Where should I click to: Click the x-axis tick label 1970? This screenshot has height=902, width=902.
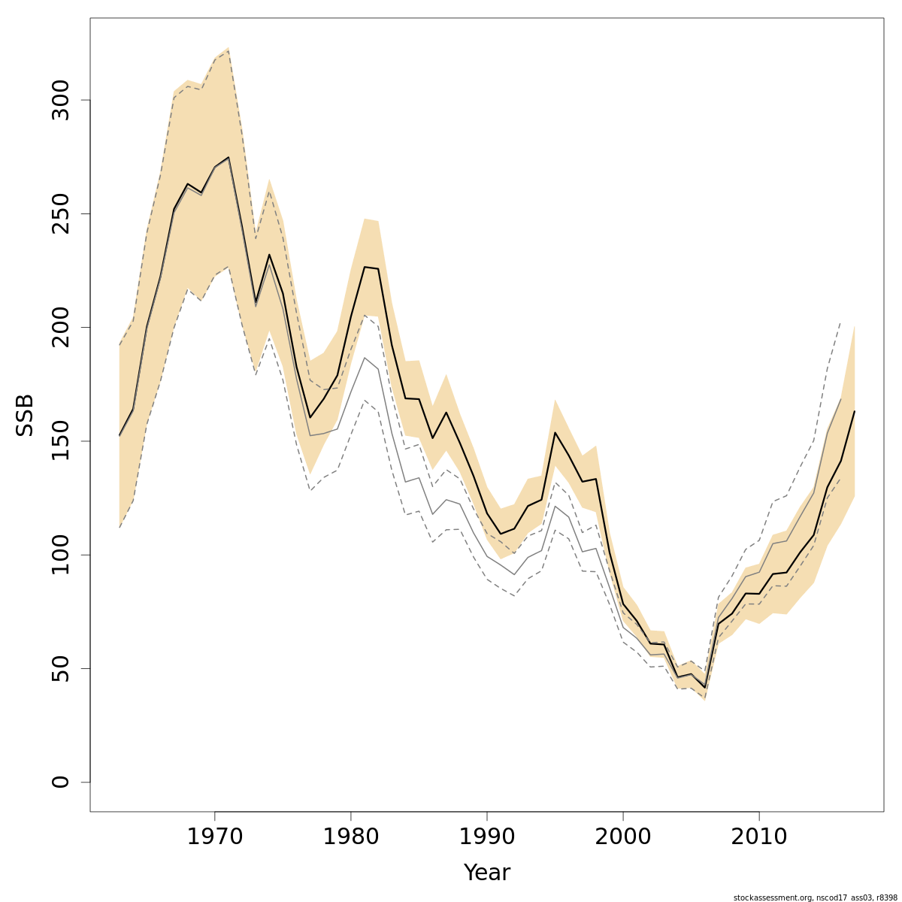[215, 837]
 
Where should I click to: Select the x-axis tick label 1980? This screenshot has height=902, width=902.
[351, 837]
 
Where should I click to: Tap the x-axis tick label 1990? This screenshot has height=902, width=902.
[487, 837]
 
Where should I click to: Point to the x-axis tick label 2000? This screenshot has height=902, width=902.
[623, 837]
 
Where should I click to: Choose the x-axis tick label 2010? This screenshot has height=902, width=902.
[759, 837]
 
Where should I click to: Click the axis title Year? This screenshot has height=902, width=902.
[487, 873]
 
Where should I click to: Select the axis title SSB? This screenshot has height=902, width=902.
[25, 415]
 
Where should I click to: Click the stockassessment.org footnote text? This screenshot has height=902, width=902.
[815, 897]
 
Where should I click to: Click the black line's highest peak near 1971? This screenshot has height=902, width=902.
[229, 157]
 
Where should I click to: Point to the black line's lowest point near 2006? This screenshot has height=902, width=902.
[704, 687]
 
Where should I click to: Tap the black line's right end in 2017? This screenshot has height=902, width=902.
[855, 411]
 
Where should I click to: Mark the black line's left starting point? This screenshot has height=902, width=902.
[120, 435]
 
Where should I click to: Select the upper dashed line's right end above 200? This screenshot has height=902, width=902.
[840, 322]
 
